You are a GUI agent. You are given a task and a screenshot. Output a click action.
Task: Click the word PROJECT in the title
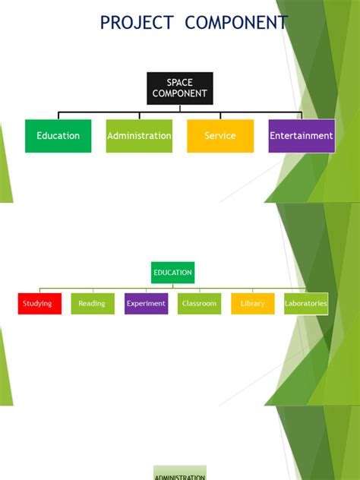[x=137, y=23]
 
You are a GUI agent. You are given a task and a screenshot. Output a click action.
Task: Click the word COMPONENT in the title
[x=236, y=23]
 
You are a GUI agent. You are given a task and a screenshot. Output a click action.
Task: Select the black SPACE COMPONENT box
[x=179, y=88]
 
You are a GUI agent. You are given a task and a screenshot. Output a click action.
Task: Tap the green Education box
[x=58, y=136]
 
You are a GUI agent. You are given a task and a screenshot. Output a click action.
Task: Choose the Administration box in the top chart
[x=139, y=136]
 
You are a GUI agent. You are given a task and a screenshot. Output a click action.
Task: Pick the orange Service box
[x=220, y=136]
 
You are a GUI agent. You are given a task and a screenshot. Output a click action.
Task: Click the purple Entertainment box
[x=302, y=136]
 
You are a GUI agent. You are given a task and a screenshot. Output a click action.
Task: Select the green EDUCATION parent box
[x=172, y=273]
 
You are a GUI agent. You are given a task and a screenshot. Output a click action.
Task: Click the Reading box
[x=93, y=304]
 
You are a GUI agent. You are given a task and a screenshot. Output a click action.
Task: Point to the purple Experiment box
[x=146, y=304]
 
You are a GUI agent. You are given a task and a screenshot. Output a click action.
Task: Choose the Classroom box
[x=200, y=304]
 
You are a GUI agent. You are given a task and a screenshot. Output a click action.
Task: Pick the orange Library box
[x=253, y=304]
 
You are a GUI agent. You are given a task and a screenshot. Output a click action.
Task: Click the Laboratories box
[x=306, y=304]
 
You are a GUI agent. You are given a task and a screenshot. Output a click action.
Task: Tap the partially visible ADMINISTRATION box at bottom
[x=180, y=474]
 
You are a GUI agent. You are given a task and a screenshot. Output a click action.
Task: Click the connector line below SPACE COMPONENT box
[x=180, y=109]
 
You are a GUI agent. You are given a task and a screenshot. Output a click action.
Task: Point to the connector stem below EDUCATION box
[x=173, y=286]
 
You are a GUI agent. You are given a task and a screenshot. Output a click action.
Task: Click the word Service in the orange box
[x=220, y=136]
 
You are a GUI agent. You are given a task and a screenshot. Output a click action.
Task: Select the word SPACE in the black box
[x=179, y=83]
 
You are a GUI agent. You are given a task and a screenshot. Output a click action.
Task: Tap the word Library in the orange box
[x=253, y=304]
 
